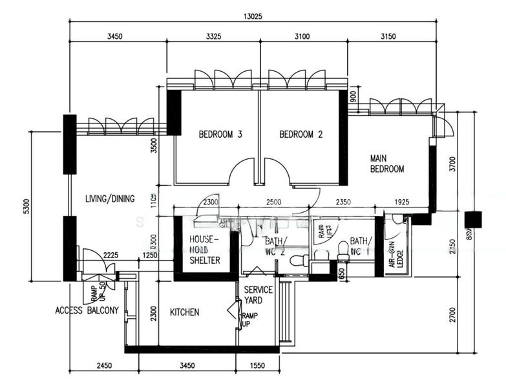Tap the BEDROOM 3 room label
click(220, 135)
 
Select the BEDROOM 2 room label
click(300, 135)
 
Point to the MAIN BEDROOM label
click(386, 164)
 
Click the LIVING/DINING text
click(110, 199)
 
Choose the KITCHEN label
click(184, 312)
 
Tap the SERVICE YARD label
click(258, 296)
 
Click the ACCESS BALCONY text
click(87, 310)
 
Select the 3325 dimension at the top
click(213, 36)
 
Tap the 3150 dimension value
click(388, 36)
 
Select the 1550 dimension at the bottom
click(257, 366)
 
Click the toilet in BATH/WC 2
click(299, 261)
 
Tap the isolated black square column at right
click(473, 220)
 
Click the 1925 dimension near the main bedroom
click(402, 202)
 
